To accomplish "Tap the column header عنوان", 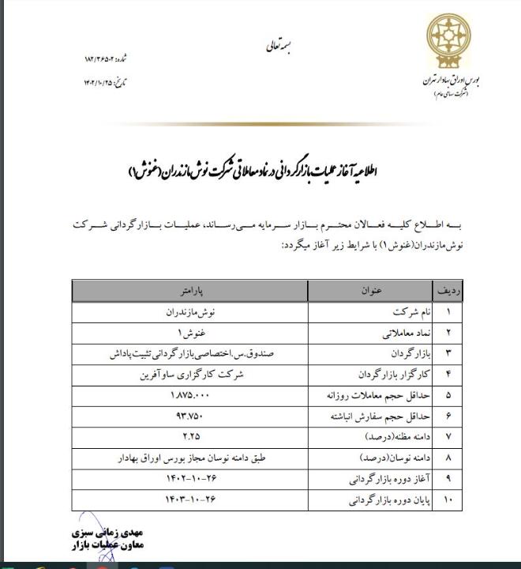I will pyautogui.click(x=372, y=291).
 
